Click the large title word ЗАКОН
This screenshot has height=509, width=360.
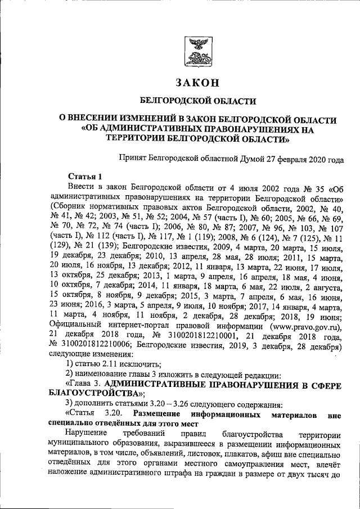(197, 83)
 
